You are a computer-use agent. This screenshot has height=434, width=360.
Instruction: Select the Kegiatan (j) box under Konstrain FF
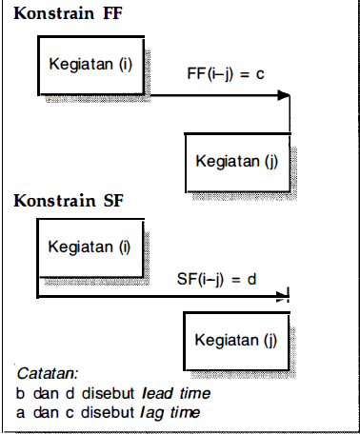click(x=236, y=161)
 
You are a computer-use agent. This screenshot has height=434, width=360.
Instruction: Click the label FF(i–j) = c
click(x=224, y=72)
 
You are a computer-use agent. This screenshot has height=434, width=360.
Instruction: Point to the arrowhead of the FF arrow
click(x=284, y=95)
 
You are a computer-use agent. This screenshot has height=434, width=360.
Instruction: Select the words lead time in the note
click(x=175, y=392)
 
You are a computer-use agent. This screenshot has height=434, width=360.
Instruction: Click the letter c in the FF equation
click(x=258, y=72)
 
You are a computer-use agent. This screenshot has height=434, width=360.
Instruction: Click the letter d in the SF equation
click(x=255, y=279)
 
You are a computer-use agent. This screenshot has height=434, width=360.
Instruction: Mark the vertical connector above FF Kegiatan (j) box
click(x=289, y=114)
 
